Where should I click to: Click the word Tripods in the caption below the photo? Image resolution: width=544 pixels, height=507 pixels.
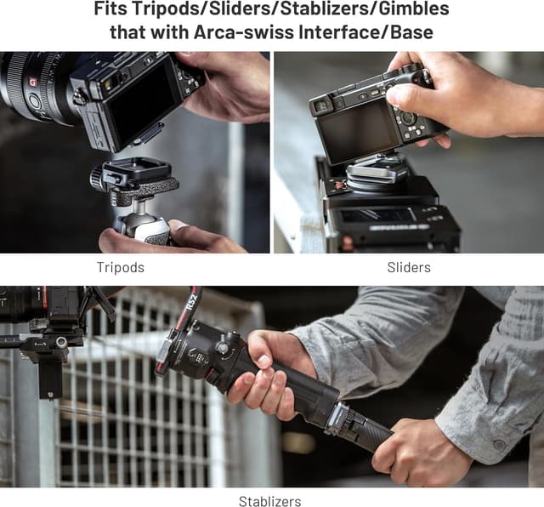pos(121,267)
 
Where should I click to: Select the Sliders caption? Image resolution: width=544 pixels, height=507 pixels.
pos(409,267)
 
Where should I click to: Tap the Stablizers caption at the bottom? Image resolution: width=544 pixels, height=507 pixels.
pos(270,501)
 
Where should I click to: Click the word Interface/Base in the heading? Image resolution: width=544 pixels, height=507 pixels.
pos(366,32)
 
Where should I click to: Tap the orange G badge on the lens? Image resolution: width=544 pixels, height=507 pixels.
pos(33,83)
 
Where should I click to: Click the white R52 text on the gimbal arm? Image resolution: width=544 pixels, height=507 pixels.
pos(192,299)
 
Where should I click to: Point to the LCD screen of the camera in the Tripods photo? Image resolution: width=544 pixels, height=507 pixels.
pos(142,100)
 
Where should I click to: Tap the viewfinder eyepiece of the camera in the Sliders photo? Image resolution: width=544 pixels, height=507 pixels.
pos(320,107)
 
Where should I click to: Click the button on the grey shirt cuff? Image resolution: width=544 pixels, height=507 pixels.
pos(500,444)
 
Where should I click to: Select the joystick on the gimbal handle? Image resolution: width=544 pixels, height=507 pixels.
pos(221,346)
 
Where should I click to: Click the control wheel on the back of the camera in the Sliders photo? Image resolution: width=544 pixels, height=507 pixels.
pos(408,117)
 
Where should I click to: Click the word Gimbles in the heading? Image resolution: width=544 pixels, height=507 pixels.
pos(414,9)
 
